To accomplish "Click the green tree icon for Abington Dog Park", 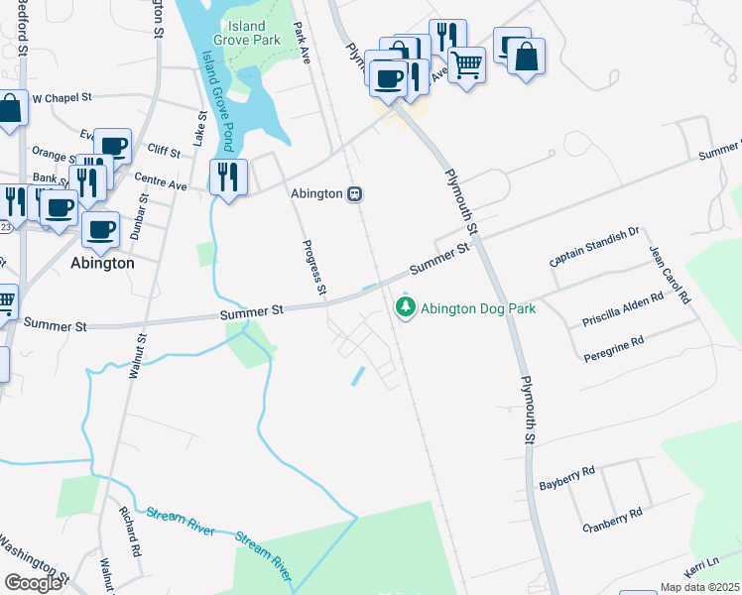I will pyautogui.click(x=405, y=308).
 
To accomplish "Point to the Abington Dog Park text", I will pyautogui.click(x=478, y=308).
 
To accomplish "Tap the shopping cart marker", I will pyautogui.click(x=466, y=65).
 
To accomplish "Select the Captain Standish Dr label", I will pyautogui.click(x=595, y=247).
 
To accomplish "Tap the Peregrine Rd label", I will pyautogui.click(x=614, y=347).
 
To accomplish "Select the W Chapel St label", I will pyautogui.click(x=62, y=98).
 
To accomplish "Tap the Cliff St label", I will pyautogui.click(x=163, y=154).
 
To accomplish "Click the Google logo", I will pyautogui.click(x=33, y=582).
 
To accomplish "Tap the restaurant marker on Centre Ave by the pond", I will pyautogui.click(x=228, y=178).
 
